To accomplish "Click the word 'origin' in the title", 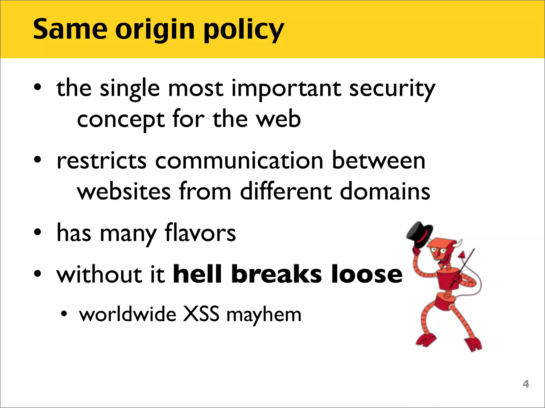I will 155,30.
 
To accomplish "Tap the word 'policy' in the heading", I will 244,30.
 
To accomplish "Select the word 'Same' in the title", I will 70,29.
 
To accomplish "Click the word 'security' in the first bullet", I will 392,89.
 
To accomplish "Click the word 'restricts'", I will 101,161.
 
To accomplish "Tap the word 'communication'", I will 239,161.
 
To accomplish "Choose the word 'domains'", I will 385,192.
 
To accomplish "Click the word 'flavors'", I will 200,233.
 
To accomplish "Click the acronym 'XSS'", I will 201,314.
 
